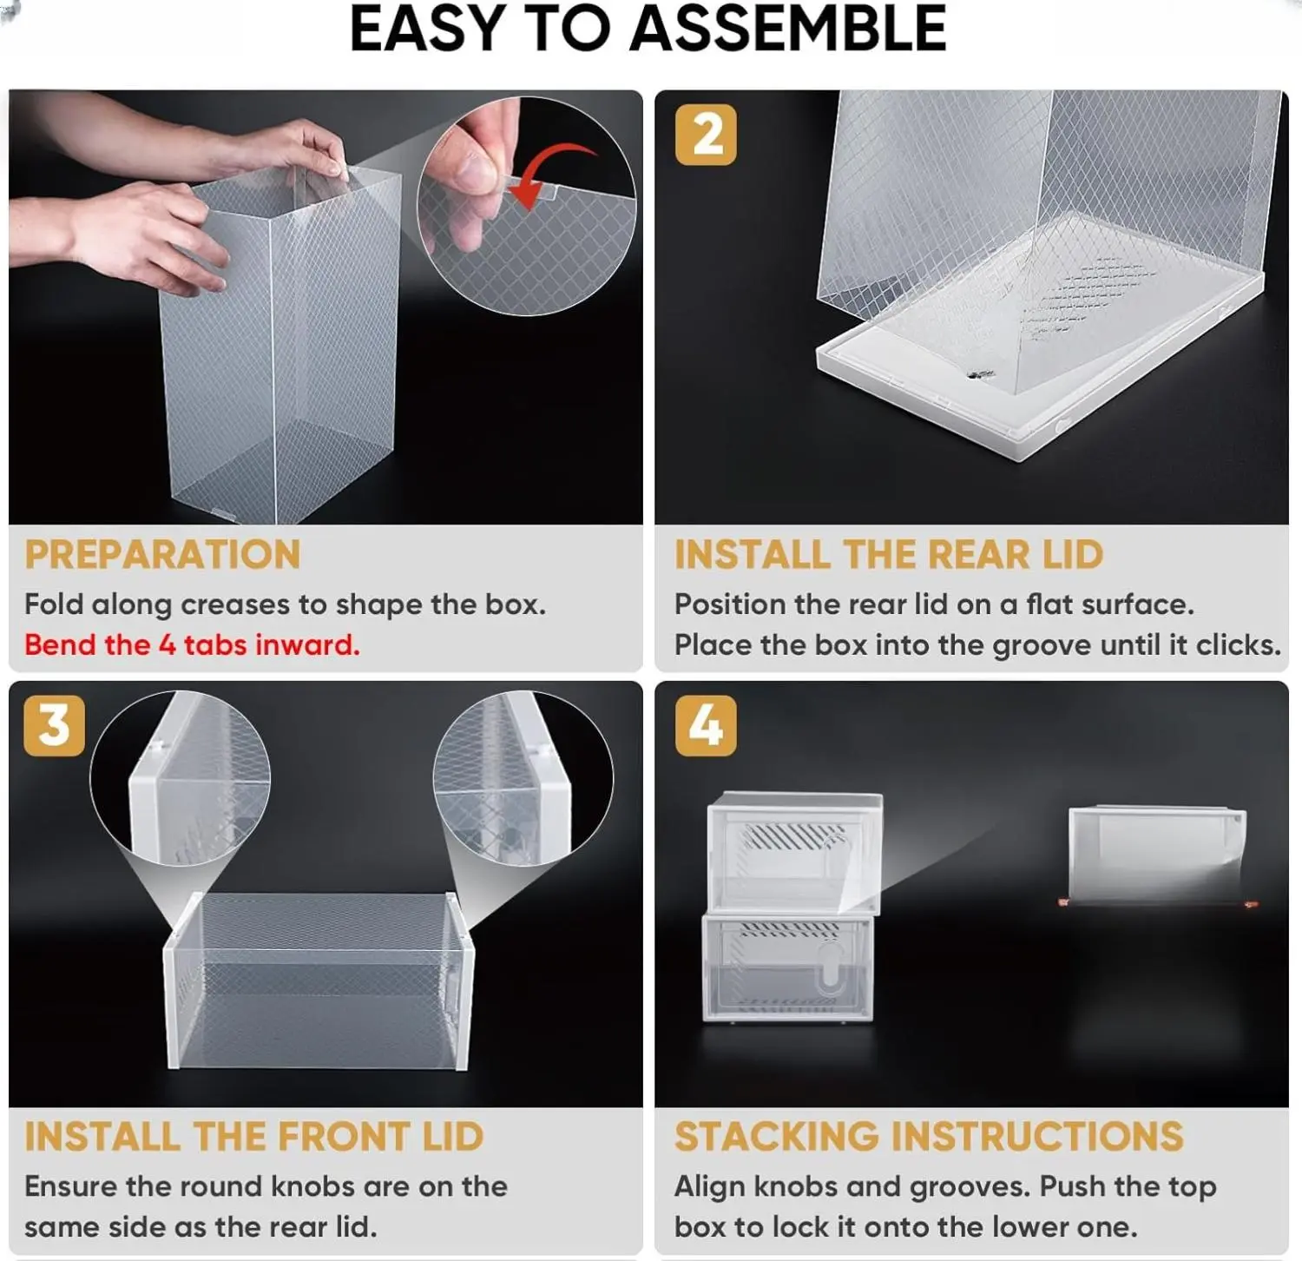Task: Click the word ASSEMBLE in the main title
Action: pos(788,29)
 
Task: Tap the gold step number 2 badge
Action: pos(706,135)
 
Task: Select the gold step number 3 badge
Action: pos(55,725)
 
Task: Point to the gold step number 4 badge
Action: pos(706,725)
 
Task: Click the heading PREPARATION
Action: pos(162,555)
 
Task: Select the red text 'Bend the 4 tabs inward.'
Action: pos(192,644)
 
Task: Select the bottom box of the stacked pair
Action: pos(787,967)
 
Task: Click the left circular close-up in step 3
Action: pos(180,778)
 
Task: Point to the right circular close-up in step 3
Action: pos(523,778)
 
